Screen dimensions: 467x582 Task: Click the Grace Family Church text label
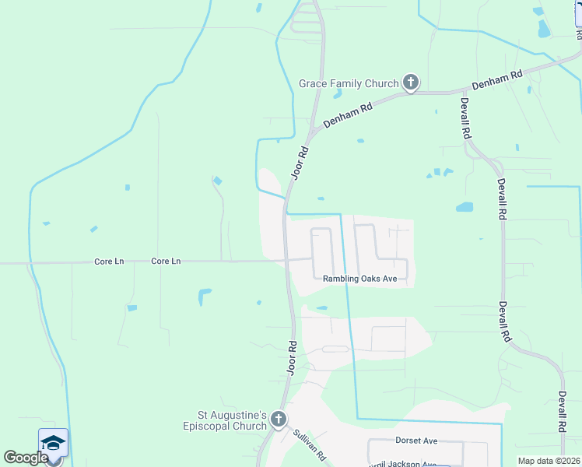coord(349,83)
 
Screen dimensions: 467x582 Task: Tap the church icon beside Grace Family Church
coord(411,83)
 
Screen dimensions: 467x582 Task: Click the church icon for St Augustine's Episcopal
coord(279,421)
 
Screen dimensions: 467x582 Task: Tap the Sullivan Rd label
coord(308,444)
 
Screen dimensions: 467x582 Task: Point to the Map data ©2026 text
coord(549,461)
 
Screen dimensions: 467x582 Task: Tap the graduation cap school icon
coord(53,443)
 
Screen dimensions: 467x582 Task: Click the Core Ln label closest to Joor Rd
coord(166,262)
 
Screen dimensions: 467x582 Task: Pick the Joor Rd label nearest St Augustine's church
coord(292,357)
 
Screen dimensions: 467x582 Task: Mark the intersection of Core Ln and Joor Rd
coord(286,260)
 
